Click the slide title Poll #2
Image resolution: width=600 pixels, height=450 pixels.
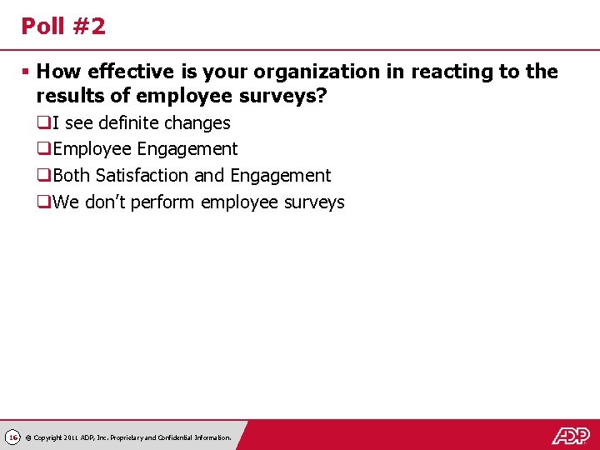click(63, 27)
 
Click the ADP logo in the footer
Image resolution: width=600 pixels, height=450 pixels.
click(571, 435)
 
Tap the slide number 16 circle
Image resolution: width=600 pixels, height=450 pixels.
click(12, 437)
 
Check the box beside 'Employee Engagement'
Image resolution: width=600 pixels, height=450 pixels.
click(42, 150)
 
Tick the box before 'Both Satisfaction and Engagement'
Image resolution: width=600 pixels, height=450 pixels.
click(42, 177)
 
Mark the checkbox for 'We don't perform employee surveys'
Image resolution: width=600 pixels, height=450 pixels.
click(42, 202)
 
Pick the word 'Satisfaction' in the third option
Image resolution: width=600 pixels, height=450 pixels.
click(142, 176)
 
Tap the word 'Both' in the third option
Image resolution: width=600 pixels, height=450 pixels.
click(72, 176)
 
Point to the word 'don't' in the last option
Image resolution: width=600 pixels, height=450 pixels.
click(112, 202)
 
